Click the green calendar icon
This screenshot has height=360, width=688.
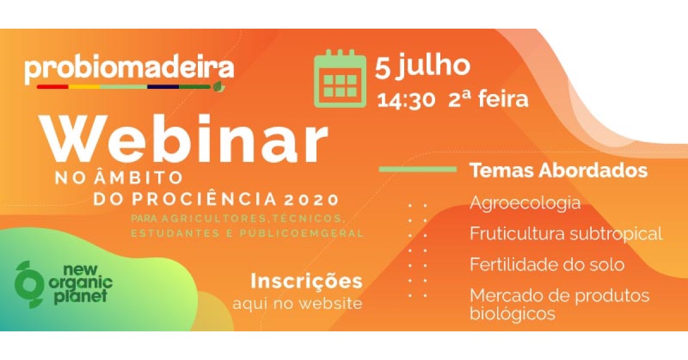[x=340, y=79]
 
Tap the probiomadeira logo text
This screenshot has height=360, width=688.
[x=130, y=70]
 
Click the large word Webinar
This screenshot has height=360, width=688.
[x=183, y=139]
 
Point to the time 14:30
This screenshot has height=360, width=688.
[x=406, y=100]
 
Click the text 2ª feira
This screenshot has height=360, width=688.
[x=488, y=99]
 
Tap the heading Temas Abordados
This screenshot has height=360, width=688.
[x=558, y=170]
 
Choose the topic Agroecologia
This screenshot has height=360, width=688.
[x=525, y=204]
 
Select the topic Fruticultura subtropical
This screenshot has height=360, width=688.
[x=566, y=234]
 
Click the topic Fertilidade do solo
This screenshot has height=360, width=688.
[x=547, y=264]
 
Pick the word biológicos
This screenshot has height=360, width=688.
[x=513, y=314]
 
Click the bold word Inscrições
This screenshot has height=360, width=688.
[x=307, y=281]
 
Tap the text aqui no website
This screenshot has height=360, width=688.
[x=298, y=303]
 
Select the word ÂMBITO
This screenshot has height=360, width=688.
[x=139, y=178]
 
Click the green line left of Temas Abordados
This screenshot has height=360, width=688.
[x=418, y=169]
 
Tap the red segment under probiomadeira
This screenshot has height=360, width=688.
[x=53, y=87]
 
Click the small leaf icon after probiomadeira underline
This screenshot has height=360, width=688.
[x=219, y=87]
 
